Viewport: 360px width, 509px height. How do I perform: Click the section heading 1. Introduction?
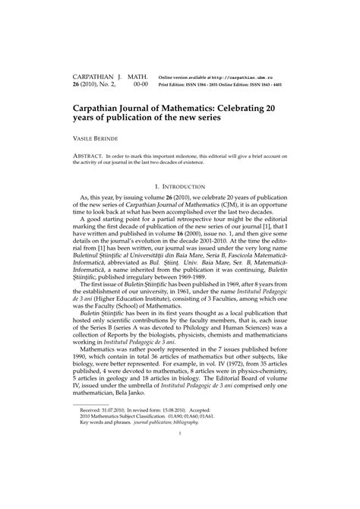pos(179,186)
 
